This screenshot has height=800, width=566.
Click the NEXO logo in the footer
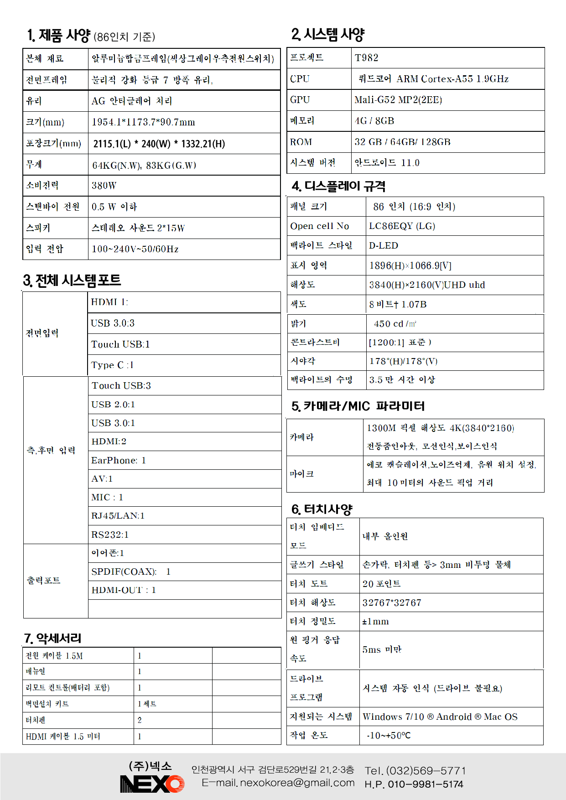tap(152, 784)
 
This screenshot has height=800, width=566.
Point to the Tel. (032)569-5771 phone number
tap(415, 771)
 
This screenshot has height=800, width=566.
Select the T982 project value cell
tap(367, 58)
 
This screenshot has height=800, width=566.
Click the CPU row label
tap(300, 79)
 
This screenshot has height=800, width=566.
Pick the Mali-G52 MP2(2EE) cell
tap(398, 100)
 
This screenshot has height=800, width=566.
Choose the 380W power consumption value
tap(104, 186)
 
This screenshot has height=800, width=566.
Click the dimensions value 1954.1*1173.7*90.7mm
tap(143, 122)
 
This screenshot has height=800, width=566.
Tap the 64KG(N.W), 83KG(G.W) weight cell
tap(144, 165)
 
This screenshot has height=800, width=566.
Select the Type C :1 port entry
tap(112, 365)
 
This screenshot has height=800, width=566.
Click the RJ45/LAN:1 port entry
tap(118, 516)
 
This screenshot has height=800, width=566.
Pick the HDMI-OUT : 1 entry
tap(124, 590)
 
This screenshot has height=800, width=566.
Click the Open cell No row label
tap(320, 226)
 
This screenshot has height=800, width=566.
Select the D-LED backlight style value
tap(384, 246)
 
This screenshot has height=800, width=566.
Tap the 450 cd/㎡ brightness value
tap(395, 324)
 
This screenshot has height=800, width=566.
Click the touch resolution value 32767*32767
tap(392, 603)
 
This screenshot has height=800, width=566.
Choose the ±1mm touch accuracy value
tap(375, 622)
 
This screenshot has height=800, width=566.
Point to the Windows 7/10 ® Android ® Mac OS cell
tap(440, 717)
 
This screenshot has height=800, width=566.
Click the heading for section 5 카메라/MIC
tap(358, 406)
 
